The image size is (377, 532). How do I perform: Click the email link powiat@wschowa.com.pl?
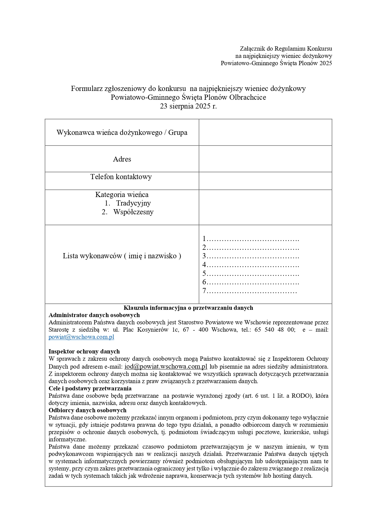(x=81, y=337)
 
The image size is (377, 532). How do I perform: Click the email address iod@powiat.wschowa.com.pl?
(x=166, y=366)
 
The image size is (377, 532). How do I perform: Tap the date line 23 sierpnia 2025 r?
(x=188, y=106)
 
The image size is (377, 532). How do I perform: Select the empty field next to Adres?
(x=265, y=159)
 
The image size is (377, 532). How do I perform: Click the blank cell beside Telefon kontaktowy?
(x=265, y=181)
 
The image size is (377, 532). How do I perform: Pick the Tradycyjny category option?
(x=133, y=203)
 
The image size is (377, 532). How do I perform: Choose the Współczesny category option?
(x=133, y=212)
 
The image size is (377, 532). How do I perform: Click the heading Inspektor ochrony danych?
(x=84, y=351)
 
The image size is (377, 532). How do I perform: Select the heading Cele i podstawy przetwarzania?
(x=90, y=388)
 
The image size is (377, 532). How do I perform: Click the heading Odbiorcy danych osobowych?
(x=87, y=410)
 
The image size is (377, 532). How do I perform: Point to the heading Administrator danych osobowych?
(x=94, y=315)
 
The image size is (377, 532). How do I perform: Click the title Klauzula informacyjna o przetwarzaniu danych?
(x=188, y=308)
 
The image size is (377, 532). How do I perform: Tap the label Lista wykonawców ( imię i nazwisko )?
(x=122, y=256)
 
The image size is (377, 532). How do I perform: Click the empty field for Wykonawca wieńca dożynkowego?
(x=265, y=132)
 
